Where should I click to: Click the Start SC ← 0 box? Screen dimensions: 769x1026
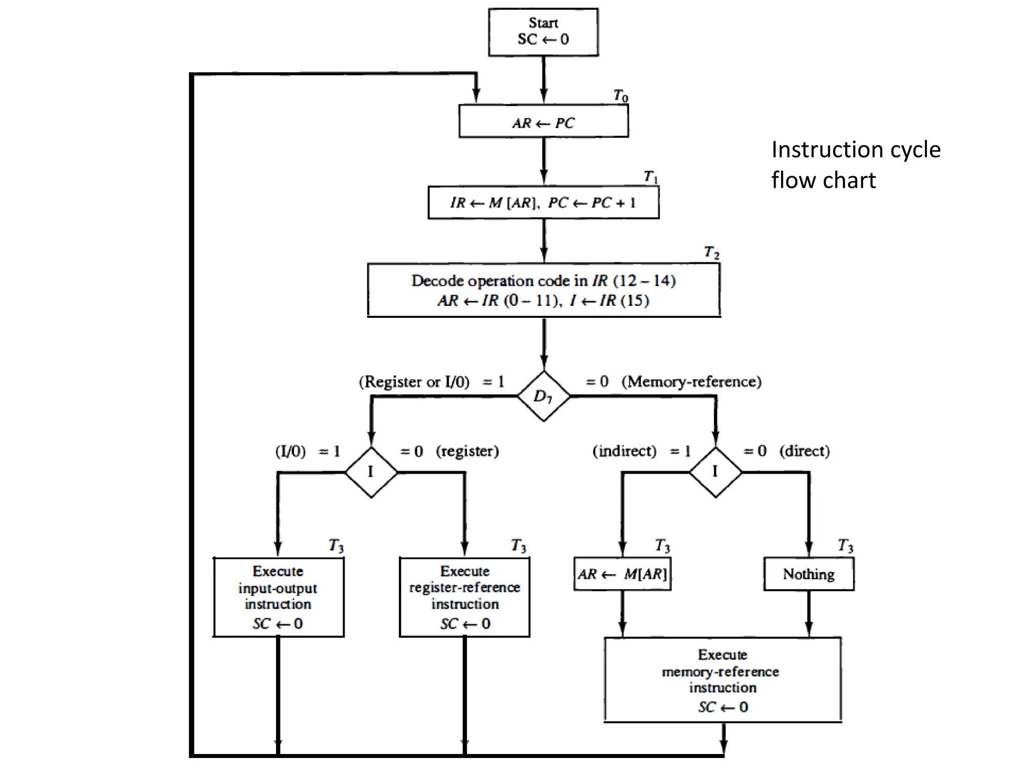click(x=543, y=32)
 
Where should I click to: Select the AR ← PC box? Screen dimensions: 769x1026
click(x=543, y=122)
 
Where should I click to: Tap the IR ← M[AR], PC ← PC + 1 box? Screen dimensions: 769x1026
click(x=543, y=202)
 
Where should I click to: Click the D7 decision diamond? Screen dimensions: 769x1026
click(x=544, y=396)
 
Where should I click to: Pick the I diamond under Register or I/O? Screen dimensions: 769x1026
click(x=371, y=472)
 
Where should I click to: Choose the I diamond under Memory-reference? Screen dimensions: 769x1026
click(x=715, y=472)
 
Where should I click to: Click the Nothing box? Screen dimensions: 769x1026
click(x=809, y=574)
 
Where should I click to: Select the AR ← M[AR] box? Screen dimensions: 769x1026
click(x=622, y=574)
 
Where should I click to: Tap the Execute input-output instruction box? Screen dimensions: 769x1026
click(x=279, y=597)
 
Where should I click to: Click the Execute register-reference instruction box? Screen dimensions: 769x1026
click(x=464, y=597)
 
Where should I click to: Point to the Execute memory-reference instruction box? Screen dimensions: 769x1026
click(x=722, y=679)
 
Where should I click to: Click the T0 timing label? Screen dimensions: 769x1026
click(x=621, y=95)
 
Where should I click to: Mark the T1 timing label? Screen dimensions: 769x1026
click(x=651, y=176)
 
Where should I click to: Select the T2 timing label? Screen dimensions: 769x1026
click(x=711, y=252)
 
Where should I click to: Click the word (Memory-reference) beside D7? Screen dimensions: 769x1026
click(x=691, y=381)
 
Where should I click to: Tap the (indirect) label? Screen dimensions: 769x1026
click(x=624, y=451)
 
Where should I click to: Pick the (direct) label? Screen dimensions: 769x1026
click(x=805, y=451)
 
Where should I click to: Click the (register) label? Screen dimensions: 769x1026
click(x=467, y=451)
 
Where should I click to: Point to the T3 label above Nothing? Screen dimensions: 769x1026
click(x=845, y=545)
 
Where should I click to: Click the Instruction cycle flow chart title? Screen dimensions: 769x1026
click(x=856, y=165)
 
